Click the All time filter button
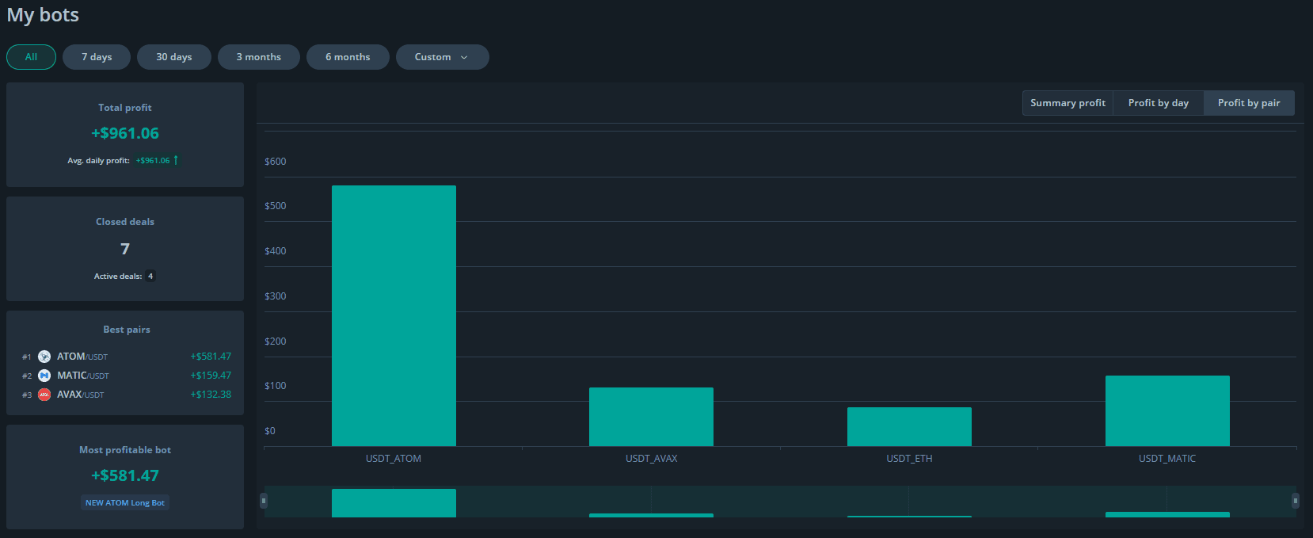[x=31, y=57]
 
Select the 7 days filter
[x=97, y=57]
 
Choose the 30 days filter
[x=174, y=57]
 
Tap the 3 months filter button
[x=258, y=57]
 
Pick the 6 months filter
[x=348, y=57]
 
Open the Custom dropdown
[x=443, y=57]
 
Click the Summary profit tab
[x=1068, y=103]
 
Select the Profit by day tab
[x=1159, y=103]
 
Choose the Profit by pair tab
[x=1249, y=103]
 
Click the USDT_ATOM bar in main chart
[x=394, y=315]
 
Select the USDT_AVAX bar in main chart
[x=651, y=417]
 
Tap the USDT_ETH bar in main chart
[x=909, y=426]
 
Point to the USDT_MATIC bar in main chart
[x=1167, y=410]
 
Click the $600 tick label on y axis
[x=276, y=162]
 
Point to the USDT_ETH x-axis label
[x=909, y=458]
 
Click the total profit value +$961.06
[x=125, y=133]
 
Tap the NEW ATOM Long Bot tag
[x=125, y=503]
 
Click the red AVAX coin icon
[x=44, y=395]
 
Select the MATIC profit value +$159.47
[x=211, y=376]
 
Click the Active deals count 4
[x=150, y=276]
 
